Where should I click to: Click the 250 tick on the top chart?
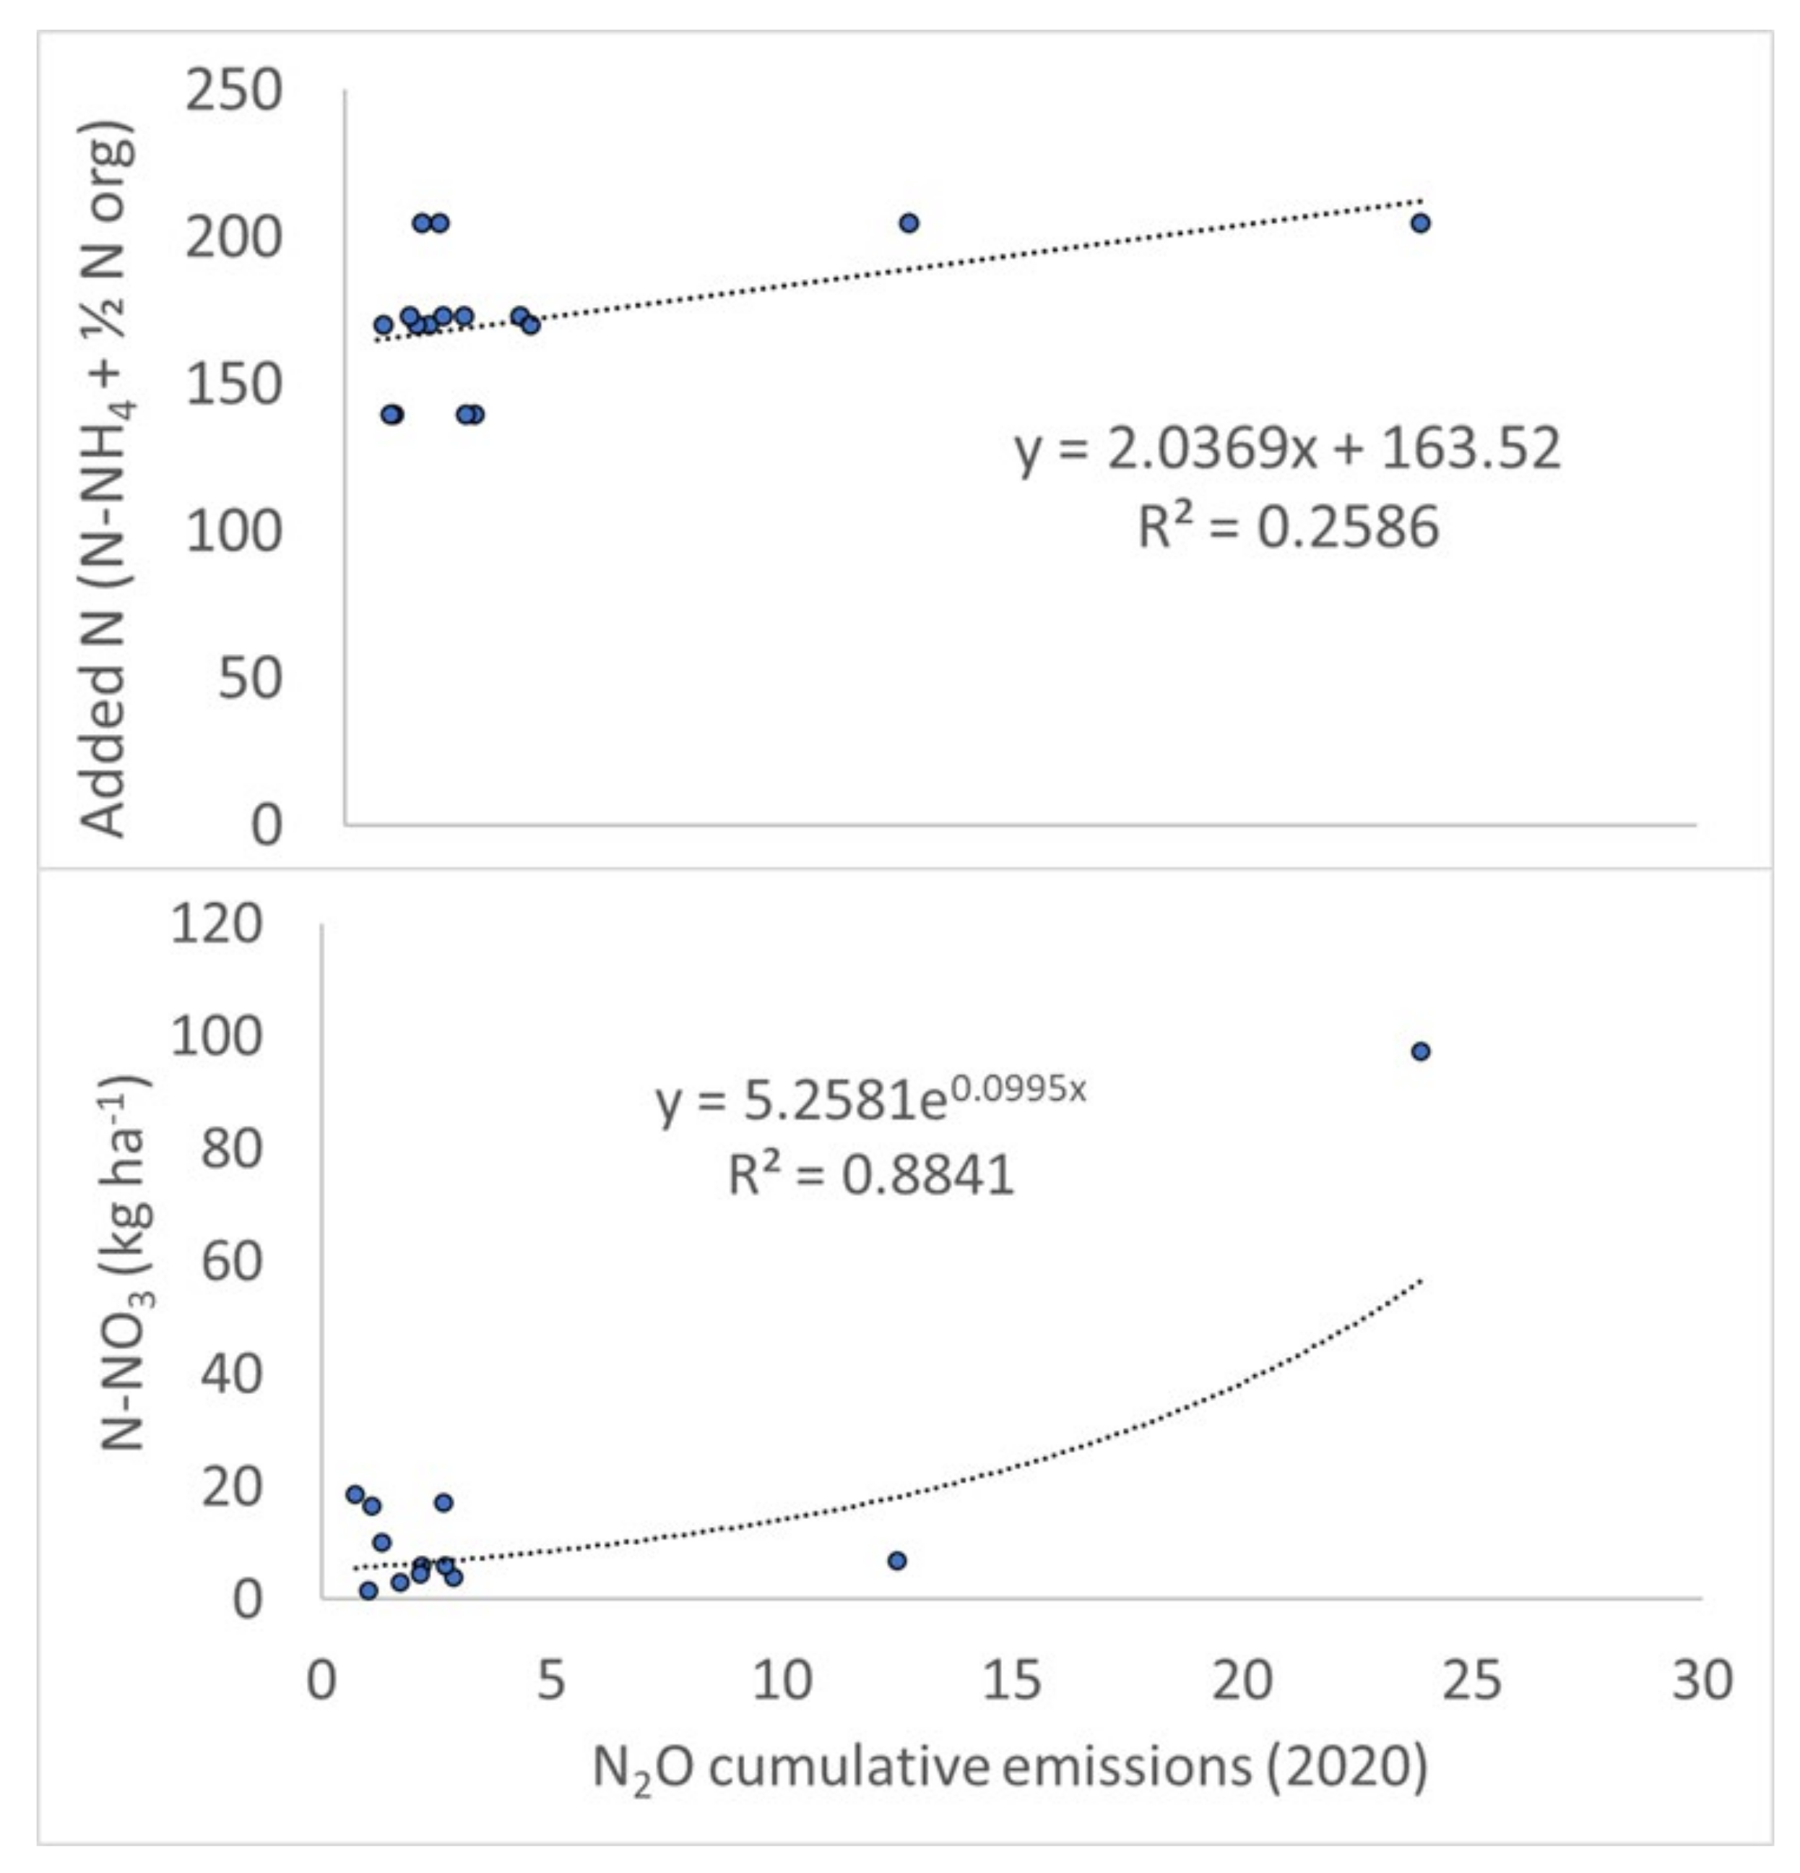pyautogui.click(x=233, y=92)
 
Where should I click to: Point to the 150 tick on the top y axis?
pyautogui.click(x=233, y=385)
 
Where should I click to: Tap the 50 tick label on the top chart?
pyautogui.click(x=251, y=679)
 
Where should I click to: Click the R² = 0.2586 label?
pyautogui.click(x=1287, y=527)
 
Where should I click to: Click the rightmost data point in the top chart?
pyautogui.click(x=1420, y=223)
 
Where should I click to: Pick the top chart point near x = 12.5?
pyautogui.click(x=909, y=223)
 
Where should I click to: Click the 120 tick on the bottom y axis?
pyautogui.click(x=216, y=924)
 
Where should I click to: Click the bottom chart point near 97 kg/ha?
pyautogui.click(x=1420, y=1051)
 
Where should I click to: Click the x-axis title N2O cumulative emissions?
pyautogui.click(x=1010, y=1766)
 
